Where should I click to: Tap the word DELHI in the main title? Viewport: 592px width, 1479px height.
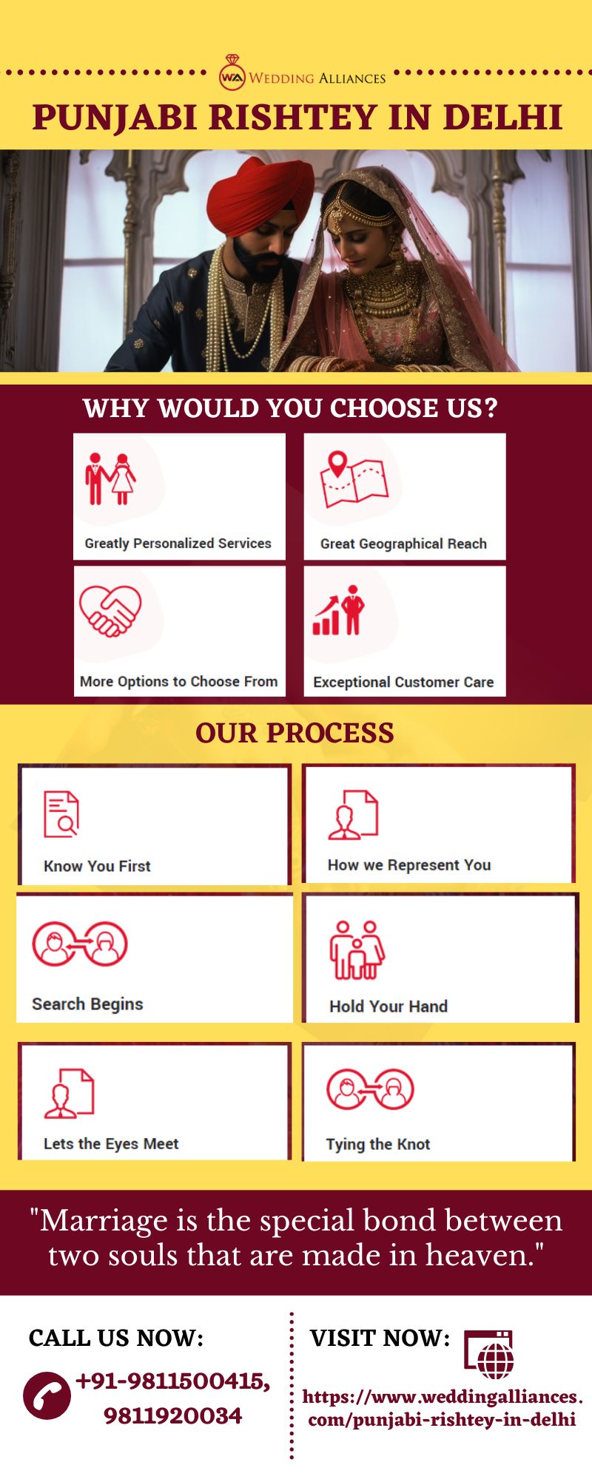[503, 118]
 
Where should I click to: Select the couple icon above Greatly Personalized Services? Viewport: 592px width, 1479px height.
[110, 478]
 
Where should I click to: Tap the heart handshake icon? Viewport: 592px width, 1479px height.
[110, 611]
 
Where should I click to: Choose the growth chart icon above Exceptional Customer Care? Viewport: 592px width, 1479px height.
[338, 611]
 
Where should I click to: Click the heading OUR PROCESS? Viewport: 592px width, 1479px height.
[295, 733]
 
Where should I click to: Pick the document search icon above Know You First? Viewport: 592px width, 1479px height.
[61, 814]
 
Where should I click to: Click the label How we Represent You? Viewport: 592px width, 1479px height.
[409, 865]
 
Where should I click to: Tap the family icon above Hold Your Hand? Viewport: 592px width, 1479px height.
[357, 950]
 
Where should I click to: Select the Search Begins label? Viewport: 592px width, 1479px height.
[87, 1004]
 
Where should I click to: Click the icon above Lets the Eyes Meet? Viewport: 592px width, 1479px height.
[69, 1093]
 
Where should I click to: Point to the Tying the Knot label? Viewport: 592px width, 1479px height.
[377, 1145]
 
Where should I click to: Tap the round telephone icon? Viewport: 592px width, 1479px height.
[47, 1395]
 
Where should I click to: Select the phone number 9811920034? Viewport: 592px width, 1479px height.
[172, 1416]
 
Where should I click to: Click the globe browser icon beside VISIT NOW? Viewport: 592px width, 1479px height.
[489, 1354]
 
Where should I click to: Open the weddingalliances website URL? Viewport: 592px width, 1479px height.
[443, 1408]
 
